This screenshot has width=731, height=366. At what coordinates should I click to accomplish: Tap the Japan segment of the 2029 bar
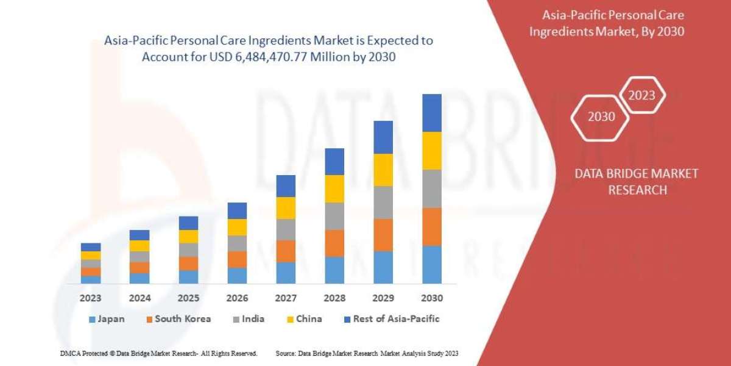pyautogui.click(x=383, y=267)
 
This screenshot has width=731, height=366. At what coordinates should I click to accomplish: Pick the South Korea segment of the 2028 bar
pyautogui.click(x=334, y=243)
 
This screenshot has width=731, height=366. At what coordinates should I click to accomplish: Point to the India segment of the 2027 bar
pyautogui.click(x=286, y=229)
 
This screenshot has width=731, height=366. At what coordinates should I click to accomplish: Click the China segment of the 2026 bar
pyautogui.click(x=237, y=227)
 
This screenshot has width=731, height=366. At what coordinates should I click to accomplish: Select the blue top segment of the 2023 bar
pyautogui.click(x=91, y=247)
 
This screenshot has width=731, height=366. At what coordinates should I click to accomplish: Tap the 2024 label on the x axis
pyautogui.click(x=139, y=298)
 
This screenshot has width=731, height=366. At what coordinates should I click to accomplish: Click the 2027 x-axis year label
pyautogui.click(x=286, y=298)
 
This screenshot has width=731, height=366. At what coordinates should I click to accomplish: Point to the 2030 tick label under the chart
pyautogui.click(x=432, y=298)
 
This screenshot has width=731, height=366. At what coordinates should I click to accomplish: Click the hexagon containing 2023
pyautogui.click(x=641, y=95)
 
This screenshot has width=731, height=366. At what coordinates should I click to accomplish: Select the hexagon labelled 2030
pyautogui.click(x=601, y=117)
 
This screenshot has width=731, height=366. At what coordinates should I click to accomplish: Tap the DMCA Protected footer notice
pyautogui.click(x=158, y=353)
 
